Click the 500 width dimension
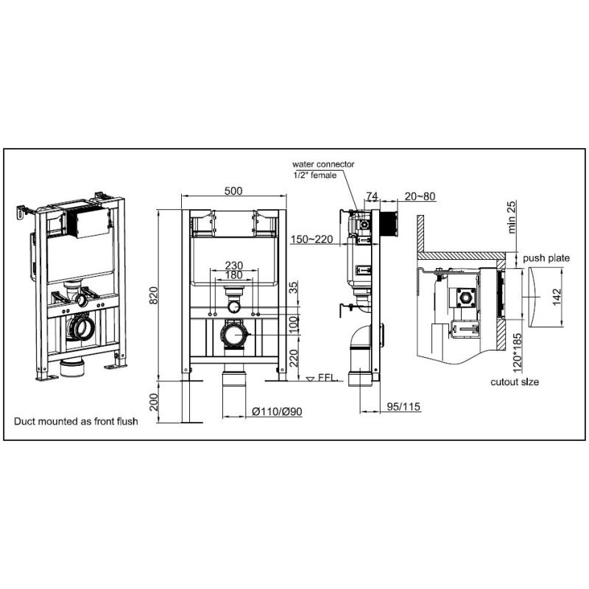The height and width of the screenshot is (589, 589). pyautogui.click(x=233, y=191)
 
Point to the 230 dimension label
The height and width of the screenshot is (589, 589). pyautogui.click(x=233, y=267)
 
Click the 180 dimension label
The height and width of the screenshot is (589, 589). pyautogui.click(x=233, y=275)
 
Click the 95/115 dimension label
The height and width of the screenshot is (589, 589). pyautogui.click(x=401, y=406)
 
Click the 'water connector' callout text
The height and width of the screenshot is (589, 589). pyautogui.click(x=323, y=165)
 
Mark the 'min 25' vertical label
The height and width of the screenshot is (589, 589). pyautogui.click(x=512, y=216)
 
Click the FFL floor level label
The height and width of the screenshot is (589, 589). pyautogui.click(x=327, y=378)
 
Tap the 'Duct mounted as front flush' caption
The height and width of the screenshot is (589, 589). pyautogui.click(x=76, y=422)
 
